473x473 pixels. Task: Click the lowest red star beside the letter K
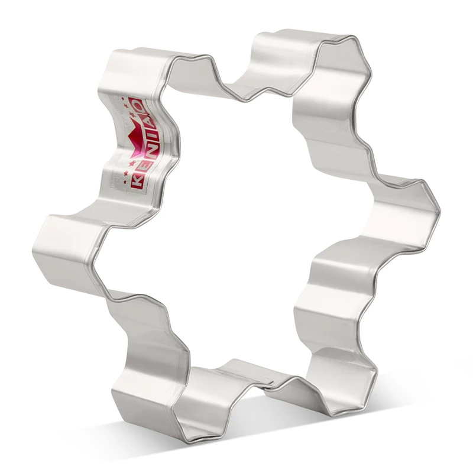[x=125, y=174]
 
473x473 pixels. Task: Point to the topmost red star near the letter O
[x=123, y=98]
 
